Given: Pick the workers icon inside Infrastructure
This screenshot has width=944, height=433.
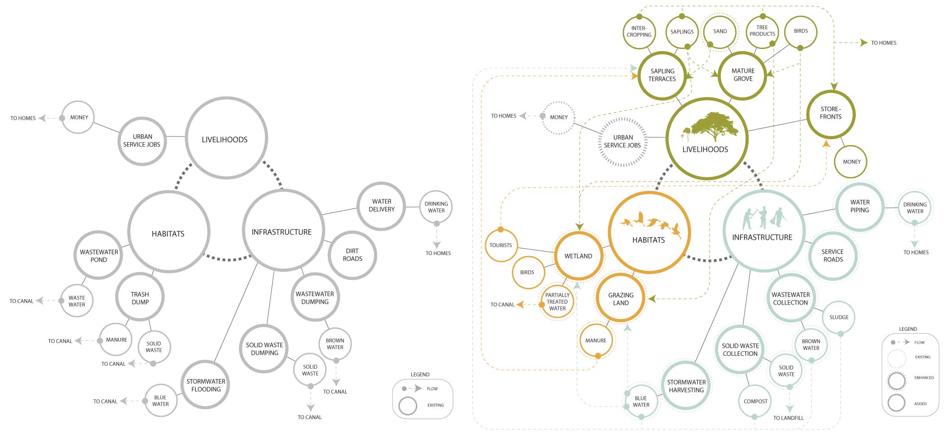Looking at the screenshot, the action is [763, 218].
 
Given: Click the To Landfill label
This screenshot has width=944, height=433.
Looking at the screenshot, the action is [788, 418].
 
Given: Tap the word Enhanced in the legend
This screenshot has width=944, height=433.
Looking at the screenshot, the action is [924, 378].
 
